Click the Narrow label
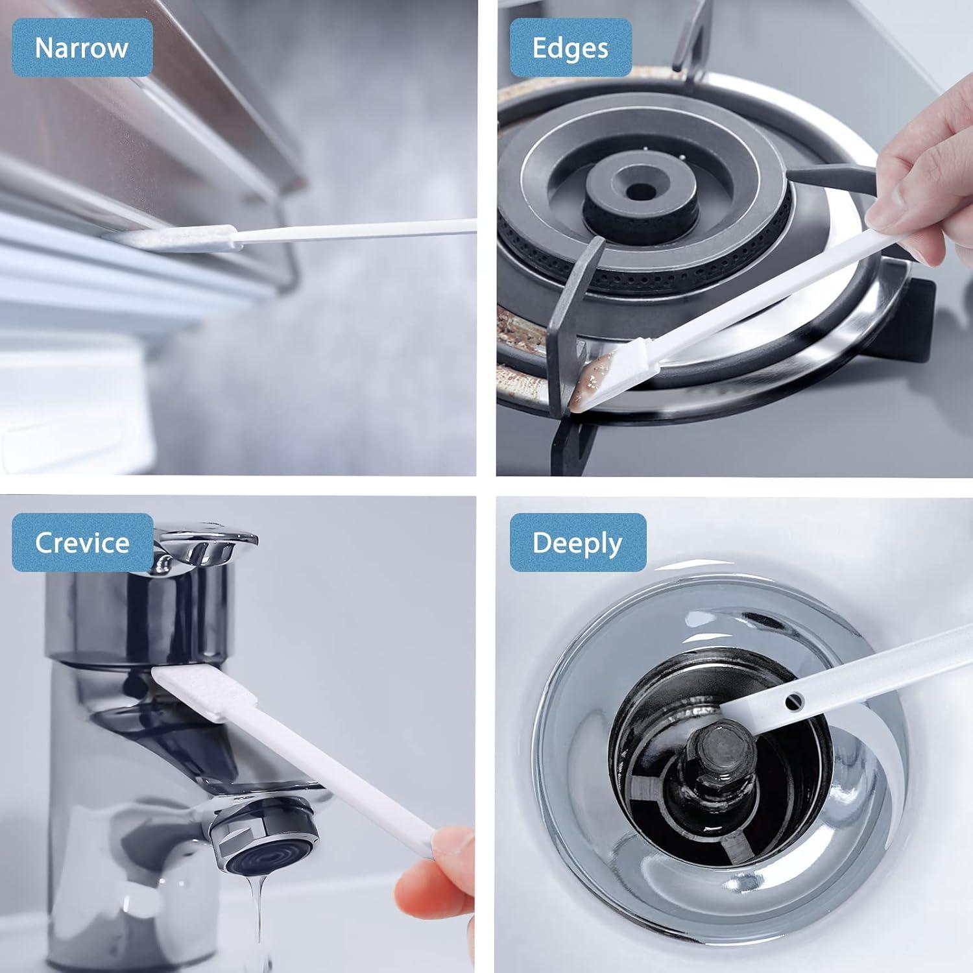pos(82,48)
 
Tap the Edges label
pos(570,48)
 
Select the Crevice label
pos(82,542)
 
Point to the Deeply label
pos(577,542)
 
